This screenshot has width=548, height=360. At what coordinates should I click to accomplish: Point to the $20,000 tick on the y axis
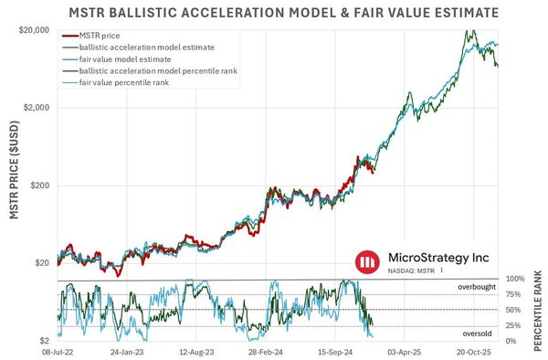tap(33, 30)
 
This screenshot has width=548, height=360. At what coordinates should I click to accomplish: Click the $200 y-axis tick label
tap(39, 185)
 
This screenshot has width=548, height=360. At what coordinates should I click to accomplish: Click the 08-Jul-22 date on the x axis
tap(58, 350)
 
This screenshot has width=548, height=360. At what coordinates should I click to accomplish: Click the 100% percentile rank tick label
tap(514, 279)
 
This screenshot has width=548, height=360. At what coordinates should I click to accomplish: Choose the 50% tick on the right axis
tap(514, 311)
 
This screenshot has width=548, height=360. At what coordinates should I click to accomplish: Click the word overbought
tap(478, 287)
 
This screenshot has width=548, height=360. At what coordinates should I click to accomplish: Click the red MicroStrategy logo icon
tap(367, 263)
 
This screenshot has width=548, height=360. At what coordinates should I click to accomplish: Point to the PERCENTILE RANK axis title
tap(539, 311)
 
